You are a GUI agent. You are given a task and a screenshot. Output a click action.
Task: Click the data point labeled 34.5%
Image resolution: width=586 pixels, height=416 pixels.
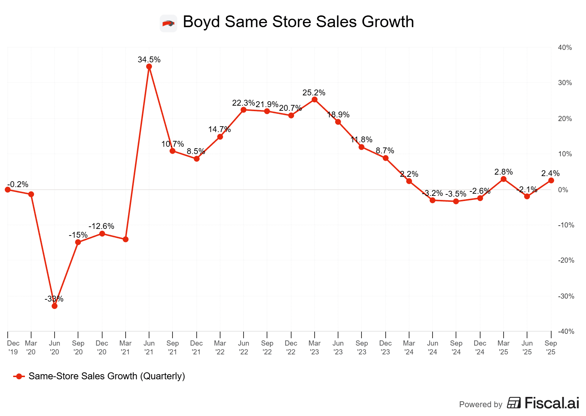(x=149, y=66)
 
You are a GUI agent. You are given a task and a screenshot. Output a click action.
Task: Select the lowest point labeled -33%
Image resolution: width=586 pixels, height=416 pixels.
(x=55, y=306)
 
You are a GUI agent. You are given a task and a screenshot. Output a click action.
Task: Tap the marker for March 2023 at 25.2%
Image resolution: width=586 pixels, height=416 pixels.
(x=315, y=99)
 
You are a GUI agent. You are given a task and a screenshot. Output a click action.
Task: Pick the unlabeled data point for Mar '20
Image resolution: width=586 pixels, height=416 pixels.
(x=31, y=194)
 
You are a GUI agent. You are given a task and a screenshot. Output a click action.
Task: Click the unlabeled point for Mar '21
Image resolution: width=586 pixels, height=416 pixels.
(x=126, y=239)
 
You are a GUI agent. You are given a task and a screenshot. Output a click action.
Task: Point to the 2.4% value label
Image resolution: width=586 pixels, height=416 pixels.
(x=550, y=173)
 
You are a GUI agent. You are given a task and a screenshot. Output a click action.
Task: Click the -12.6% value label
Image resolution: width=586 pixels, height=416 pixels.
(x=101, y=226)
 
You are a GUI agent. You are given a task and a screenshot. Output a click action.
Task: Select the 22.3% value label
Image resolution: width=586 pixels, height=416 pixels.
(x=243, y=103)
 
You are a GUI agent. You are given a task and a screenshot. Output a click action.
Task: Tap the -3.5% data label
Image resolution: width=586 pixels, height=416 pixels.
(x=456, y=194)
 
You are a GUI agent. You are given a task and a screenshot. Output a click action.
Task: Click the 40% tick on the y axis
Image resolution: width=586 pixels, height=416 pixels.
(x=565, y=48)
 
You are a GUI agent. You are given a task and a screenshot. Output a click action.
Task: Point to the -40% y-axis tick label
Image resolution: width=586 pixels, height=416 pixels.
(x=566, y=331)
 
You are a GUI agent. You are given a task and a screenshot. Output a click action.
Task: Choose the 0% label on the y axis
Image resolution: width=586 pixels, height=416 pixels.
(x=563, y=190)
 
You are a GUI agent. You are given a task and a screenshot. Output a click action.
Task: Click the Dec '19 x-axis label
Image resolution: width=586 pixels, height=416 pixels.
(x=13, y=347)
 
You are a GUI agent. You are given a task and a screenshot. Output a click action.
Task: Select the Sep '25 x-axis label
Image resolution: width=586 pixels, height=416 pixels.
(x=550, y=347)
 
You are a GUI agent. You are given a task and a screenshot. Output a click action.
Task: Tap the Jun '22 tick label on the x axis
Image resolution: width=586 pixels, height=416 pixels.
(x=244, y=347)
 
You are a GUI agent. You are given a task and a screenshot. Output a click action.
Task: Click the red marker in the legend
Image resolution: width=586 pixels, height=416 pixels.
(x=19, y=376)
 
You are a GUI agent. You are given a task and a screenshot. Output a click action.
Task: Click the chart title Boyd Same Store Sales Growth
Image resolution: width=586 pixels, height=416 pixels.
(x=298, y=22)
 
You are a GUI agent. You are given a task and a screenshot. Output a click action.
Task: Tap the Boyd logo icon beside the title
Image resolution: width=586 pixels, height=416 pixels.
(x=168, y=23)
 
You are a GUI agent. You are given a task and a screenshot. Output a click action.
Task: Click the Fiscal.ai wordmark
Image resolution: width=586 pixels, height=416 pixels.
(x=552, y=403)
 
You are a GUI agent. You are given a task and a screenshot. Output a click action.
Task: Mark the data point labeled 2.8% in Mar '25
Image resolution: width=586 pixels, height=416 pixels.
(x=504, y=179)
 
